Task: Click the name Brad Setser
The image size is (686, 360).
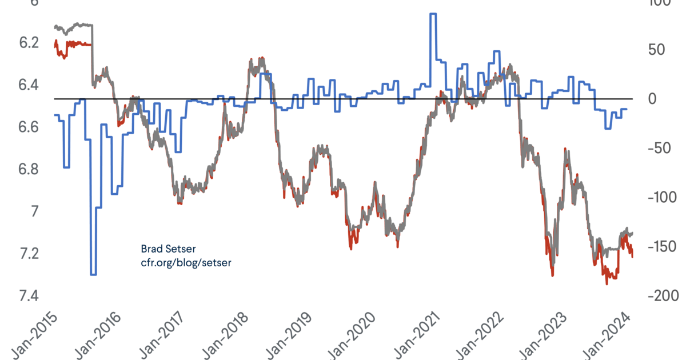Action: coord(163,249)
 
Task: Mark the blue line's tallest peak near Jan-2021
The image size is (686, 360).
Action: coord(433,14)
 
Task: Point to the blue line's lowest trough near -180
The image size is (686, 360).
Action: coord(93,274)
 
